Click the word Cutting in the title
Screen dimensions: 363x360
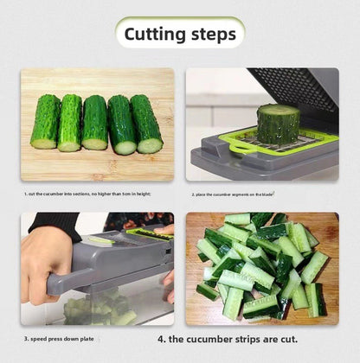[x=155, y=35]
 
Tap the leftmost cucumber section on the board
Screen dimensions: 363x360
[x=45, y=122]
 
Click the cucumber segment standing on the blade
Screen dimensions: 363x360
[x=278, y=124]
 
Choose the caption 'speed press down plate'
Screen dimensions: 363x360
[x=62, y=340]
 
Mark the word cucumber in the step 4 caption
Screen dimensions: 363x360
[x=236, y=340]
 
